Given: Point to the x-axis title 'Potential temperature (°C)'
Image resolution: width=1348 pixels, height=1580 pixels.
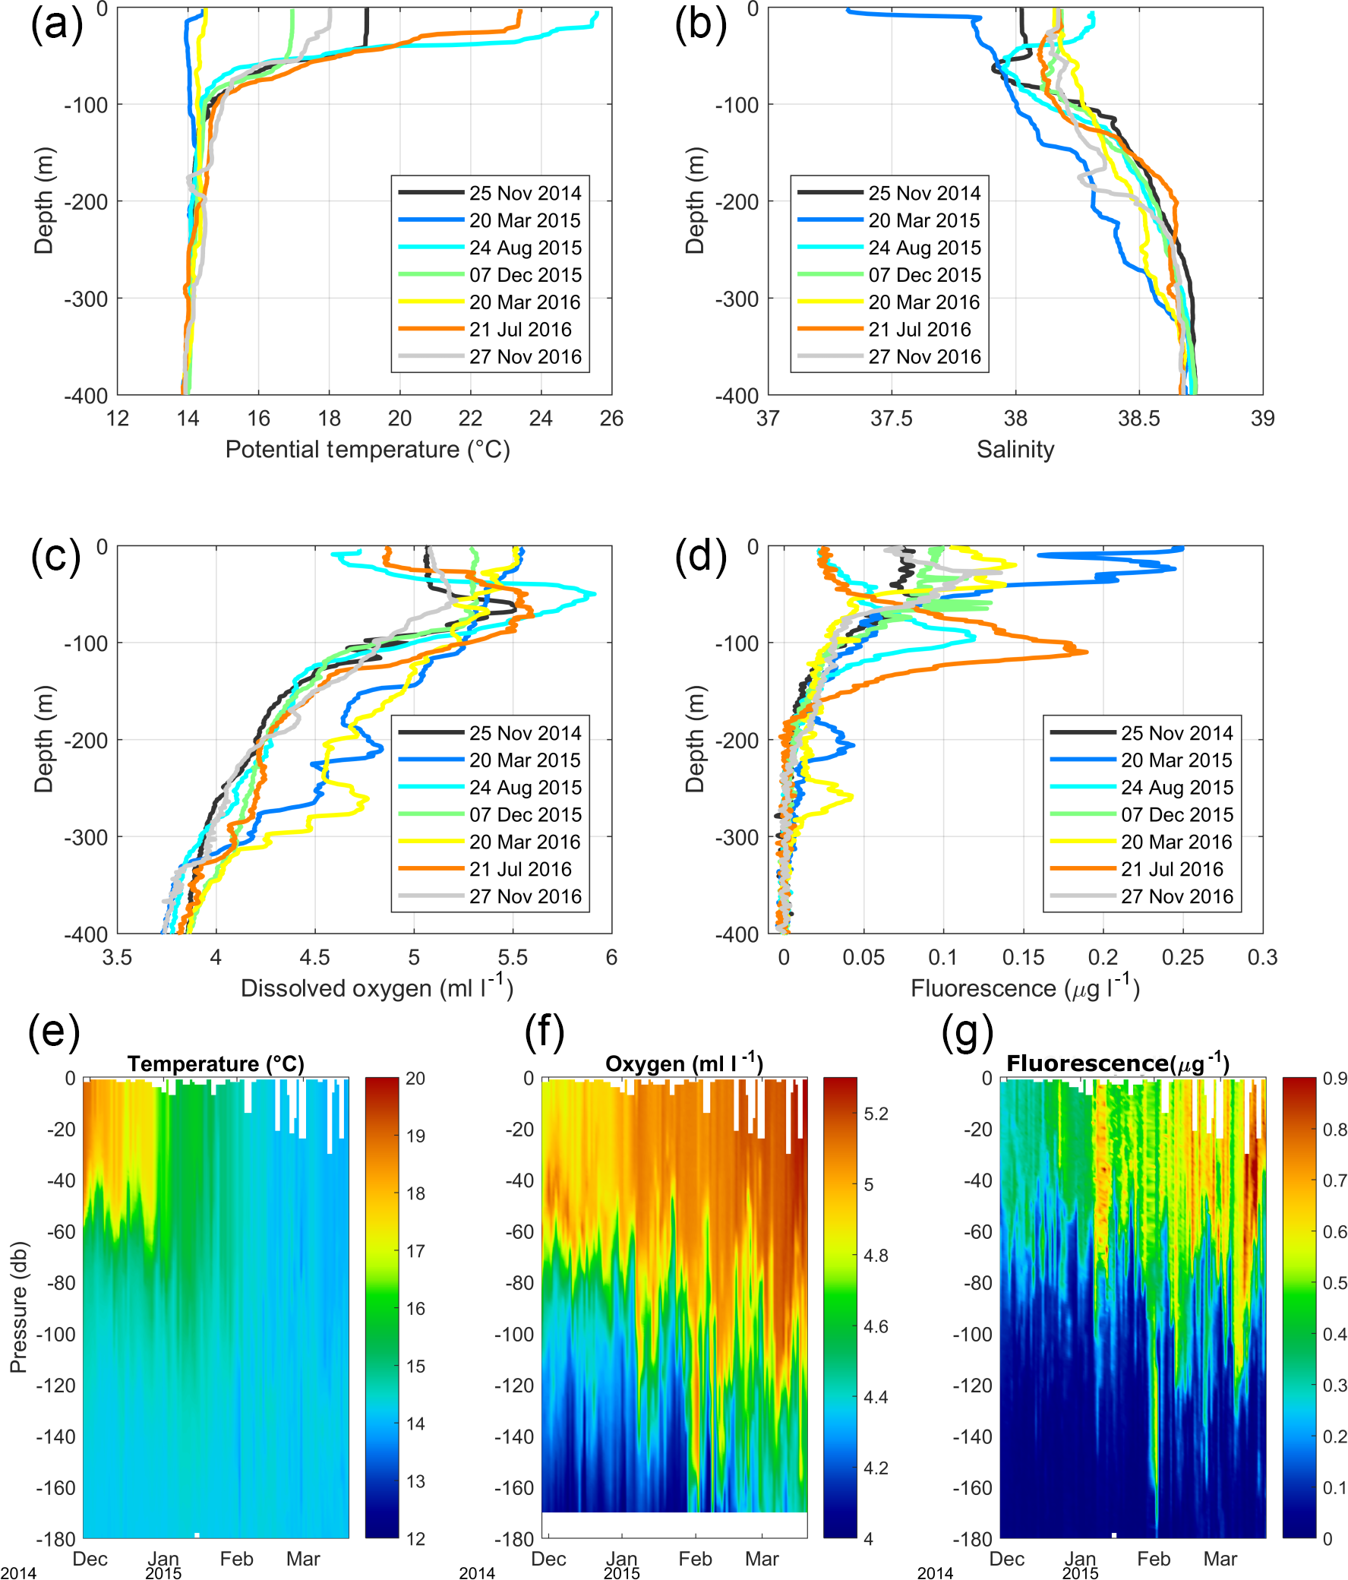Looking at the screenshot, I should [x=368, y=449].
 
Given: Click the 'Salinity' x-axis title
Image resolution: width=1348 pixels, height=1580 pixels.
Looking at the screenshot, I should [x=1015, y=449].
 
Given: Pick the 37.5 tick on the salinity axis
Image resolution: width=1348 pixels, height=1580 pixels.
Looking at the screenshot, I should [x=892, y=418].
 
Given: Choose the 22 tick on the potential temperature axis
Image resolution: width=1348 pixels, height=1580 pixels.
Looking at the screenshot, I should [x=470, y=418].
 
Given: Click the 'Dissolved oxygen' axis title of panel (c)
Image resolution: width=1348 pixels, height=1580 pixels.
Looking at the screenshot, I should [x=377, y=987].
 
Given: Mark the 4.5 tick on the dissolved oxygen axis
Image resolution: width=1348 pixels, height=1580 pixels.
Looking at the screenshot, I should [x=314, y=957].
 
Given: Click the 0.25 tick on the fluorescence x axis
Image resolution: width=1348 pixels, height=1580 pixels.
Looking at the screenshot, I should [x=1182, y=957].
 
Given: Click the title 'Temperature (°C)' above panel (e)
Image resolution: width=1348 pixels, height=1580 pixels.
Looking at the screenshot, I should [x=216, y=1063].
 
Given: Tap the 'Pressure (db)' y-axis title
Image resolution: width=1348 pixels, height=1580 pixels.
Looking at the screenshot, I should [x=18, y=1307].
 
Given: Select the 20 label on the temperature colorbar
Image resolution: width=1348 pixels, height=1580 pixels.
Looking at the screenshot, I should [x=415, y=1078].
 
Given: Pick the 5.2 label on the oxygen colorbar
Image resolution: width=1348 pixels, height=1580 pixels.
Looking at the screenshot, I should [x=876, y=1114].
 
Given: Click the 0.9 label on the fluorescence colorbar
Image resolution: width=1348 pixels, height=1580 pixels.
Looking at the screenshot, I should [x=1334, y=1078].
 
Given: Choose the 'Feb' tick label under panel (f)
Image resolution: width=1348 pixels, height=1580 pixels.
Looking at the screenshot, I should [x=695, y=1559].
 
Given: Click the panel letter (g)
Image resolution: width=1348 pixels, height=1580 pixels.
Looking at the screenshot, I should [x=967, y=1033].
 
